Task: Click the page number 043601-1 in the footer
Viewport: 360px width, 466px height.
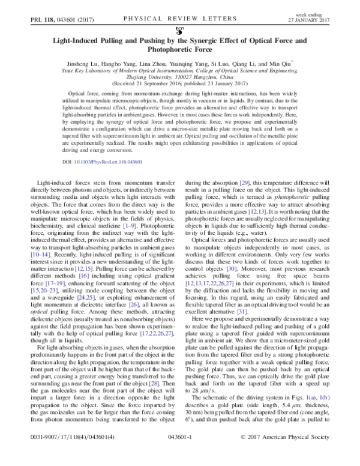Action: [179, 455]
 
